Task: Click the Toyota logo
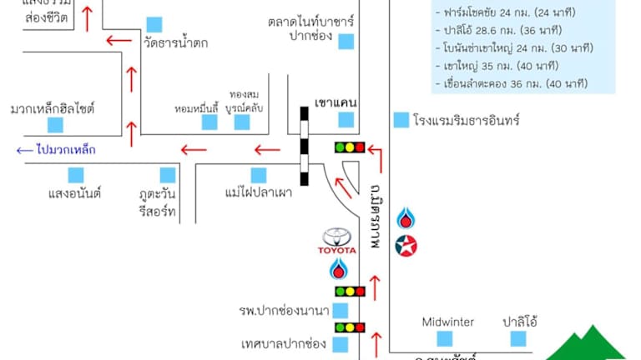(x=339, y=240)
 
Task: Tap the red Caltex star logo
(x=406, y=246)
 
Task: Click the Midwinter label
(x=447, y=322)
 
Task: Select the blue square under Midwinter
(x=445, y=339)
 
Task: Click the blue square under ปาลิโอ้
(x=518, y=339)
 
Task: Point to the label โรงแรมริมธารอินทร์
(x=466, y=120)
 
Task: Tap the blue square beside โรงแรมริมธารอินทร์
(x=401, y=120)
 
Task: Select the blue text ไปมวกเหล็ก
(x=66, y=150)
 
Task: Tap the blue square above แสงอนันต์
(x=76, y=174)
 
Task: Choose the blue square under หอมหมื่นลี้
(x=209, y=122)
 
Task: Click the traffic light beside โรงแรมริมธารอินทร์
(x=350, y=147)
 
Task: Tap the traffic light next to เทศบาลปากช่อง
(x=350, y=327)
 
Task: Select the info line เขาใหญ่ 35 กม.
(x=499, y=64)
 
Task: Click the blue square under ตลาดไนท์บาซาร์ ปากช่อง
(x=346, y=41)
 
